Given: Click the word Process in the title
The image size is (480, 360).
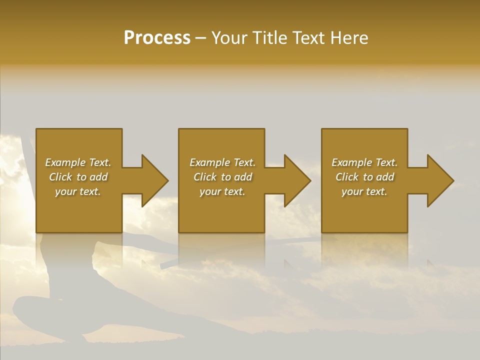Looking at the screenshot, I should pyautogui.click(x=157, y=38).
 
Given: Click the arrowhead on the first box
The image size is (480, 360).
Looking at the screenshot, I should pyautogui.click(x=152, y=180).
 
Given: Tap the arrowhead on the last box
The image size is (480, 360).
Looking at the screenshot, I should pyautogui.click(x=438, y=180).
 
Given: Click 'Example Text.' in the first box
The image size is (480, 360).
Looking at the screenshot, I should pyautogui.click(x=78, y=162).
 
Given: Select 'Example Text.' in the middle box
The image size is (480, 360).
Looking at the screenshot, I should pyautogui.click(x=222, y=162).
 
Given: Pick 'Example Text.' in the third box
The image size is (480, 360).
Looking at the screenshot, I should pyautogui.click(x=364, y=162).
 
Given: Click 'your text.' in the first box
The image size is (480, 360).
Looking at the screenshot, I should pyautogui.click(x=78, y=191).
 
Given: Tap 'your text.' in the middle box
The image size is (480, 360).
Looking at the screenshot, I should pyautogui.click(x=222, y=191).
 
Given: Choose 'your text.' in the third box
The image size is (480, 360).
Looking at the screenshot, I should pyautogui.click(x=364, y=191).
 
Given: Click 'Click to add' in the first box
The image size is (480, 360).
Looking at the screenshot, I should pyautogui.click(x=78, y=177).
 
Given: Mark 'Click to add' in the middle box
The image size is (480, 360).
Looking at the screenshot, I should pyautogui.click(x=222, y=177).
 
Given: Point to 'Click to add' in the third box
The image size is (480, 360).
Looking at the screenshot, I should pyautogui.click(x=364, y=177).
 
